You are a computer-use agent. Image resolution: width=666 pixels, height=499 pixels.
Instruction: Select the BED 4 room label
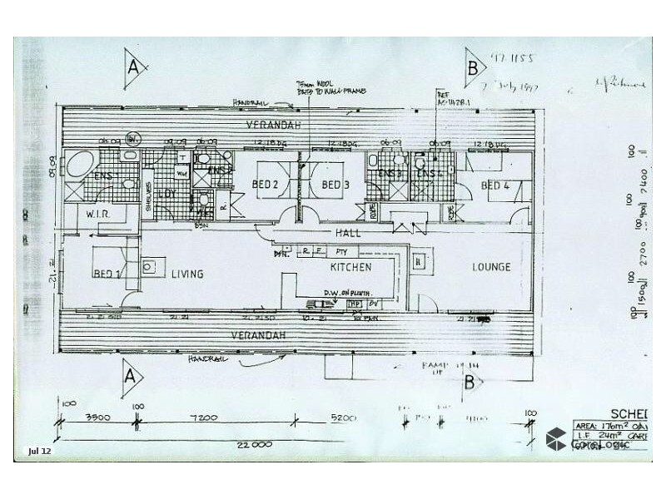pyautogui.click(x=495, y=185)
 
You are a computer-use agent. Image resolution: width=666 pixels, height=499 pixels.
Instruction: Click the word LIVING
pyautogui.click(x=187, y=274)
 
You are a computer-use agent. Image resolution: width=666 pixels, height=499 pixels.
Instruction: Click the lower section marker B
pyautogui.click(x=472, y=383)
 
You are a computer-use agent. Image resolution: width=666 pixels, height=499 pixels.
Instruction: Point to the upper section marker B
pyautogui.click(x=473, y=66)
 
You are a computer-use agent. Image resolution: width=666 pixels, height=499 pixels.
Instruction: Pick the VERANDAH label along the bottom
pyautogui.click(x=266, y=334)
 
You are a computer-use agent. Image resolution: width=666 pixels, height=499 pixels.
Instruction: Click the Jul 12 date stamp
pyautogui.click(x=40, y=452)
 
